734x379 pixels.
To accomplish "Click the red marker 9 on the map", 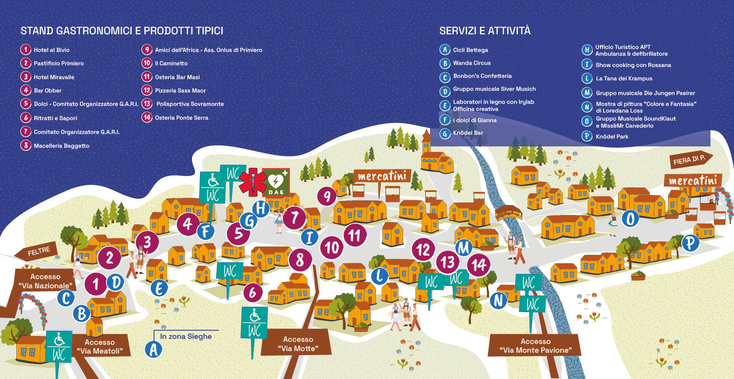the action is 327,196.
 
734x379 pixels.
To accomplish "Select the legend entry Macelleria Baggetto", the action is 55,146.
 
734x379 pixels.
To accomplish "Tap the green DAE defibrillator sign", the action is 276,182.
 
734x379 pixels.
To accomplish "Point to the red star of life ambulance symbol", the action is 253,182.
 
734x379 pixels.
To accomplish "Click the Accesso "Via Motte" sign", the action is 297,343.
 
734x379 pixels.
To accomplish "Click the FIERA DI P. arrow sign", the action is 691,160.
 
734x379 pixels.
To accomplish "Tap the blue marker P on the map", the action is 690,243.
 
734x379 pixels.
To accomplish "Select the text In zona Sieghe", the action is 186,336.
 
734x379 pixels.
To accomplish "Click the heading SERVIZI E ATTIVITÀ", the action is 485,31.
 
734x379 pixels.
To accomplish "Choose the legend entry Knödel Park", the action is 605,136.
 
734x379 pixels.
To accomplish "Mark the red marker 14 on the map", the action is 478,265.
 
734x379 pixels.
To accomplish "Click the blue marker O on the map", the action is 630,218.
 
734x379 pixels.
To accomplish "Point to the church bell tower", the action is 426,143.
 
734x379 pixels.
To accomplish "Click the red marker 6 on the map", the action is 253,293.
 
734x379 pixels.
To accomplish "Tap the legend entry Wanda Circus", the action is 465,63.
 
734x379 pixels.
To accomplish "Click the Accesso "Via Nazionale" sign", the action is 46,281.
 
